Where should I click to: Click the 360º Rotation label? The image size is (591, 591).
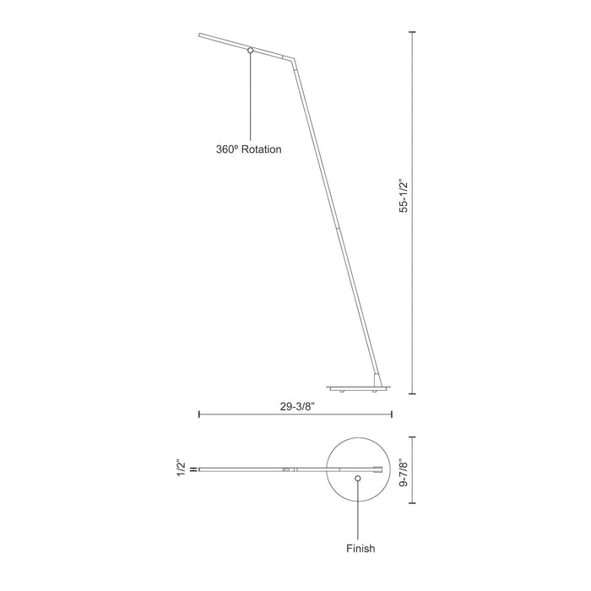click(x=248, y=149)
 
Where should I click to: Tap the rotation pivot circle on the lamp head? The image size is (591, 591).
click(x=251, y=52)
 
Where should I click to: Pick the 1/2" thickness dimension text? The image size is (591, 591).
click(x=180, y=469)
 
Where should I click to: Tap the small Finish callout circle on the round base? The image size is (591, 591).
click(x=359, y=478)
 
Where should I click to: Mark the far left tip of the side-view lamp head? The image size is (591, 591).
click(x=199, y=35)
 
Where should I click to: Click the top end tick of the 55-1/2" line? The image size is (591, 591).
click(x=413, y=32)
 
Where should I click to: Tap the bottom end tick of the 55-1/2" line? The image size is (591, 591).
click(x=413, y=394)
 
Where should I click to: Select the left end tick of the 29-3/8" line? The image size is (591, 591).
click(x=198, y=414)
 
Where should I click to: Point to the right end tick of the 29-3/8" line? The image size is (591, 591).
click(x=393, y=414)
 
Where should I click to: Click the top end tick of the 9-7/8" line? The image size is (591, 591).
click(x=413, y=436)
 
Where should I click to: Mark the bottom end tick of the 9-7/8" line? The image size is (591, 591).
click(x=413, y=502)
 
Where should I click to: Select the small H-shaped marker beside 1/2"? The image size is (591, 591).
click(x=194, y=469)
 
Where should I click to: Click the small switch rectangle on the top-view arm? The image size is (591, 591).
click(x=286, y=469)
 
